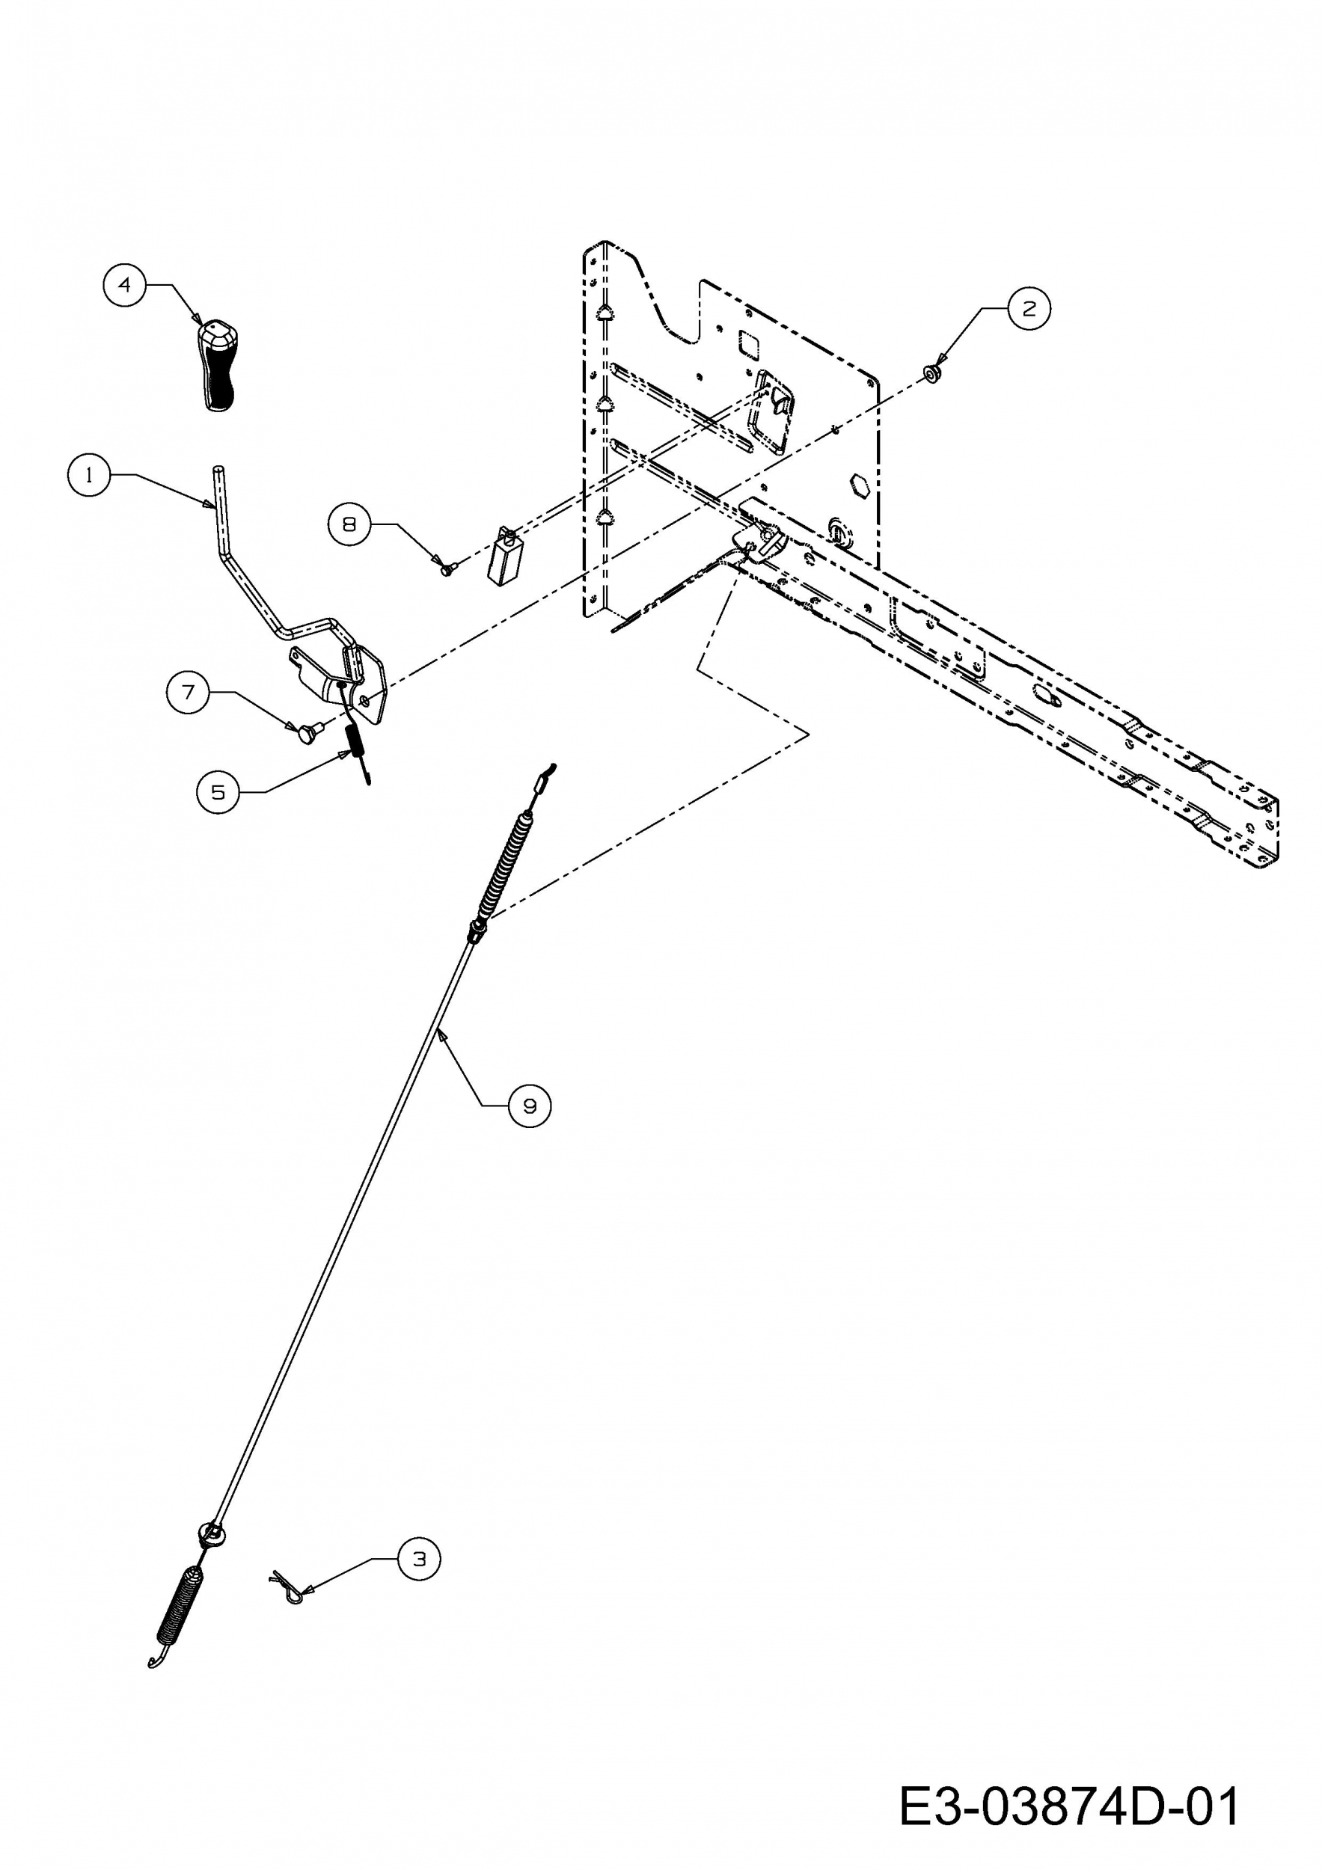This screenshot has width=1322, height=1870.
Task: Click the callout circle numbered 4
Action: tap(125, 285)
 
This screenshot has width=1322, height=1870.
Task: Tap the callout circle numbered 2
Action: tap(1029, 309)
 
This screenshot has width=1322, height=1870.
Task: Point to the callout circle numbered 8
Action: tap(349, 524)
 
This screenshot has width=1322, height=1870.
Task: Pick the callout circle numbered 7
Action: tap(188, 693)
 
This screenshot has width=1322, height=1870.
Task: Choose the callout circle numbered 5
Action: tap(218, 791)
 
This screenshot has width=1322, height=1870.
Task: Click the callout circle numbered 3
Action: tap(419, 1559)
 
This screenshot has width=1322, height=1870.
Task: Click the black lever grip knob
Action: tap(216, 366)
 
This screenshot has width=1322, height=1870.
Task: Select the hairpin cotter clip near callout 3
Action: tap(287, 1586)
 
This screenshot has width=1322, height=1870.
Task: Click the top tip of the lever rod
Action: tap(218, 470)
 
